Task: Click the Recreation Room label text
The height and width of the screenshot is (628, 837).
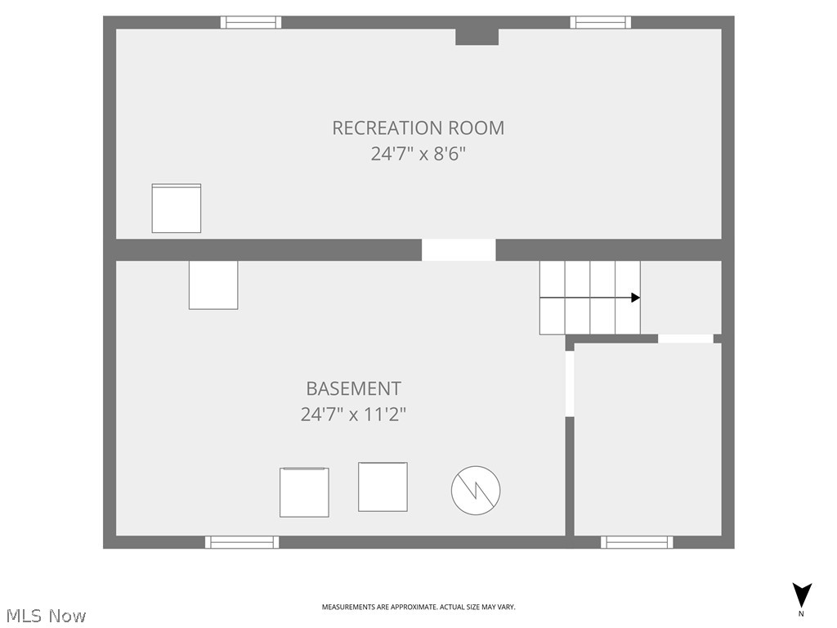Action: coord(418,128)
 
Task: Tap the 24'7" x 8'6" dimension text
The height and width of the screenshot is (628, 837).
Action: coord(418,153)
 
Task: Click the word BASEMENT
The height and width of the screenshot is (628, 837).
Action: coord(353,388)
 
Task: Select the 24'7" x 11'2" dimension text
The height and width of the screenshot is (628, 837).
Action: coord(353,414)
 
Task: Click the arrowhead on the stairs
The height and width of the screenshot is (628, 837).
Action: coord(635,298)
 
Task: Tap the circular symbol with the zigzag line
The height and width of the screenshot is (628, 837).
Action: coord(476,491)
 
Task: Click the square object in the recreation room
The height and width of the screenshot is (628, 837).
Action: coord(177,209)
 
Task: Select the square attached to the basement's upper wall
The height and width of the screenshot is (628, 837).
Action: coord(213,285)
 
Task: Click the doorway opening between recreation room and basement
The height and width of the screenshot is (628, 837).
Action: coord(459,249)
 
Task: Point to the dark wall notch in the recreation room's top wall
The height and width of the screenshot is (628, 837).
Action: coord(477,36)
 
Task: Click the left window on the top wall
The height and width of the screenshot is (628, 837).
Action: coord(251,22)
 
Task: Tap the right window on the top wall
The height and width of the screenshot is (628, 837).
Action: coord(601,22)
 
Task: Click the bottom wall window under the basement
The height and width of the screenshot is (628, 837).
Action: coord(242,542)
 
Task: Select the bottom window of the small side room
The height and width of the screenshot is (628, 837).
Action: coord(637,542)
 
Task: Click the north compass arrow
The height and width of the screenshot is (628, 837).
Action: coord(802,595)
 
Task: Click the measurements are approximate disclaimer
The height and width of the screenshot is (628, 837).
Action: coord(418,607)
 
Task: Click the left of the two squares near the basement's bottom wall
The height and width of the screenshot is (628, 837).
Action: coord(304,492)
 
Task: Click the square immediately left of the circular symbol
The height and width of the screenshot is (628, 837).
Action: coord(383,487)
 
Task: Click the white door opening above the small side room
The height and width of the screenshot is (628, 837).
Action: coord(685,339)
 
